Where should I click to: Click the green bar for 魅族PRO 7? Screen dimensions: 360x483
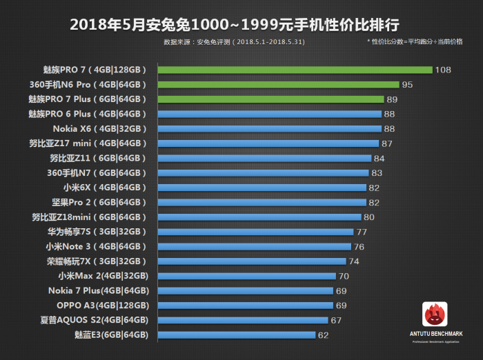click(x=295, y=70)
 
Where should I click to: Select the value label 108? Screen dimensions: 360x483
click(x=443, y=70)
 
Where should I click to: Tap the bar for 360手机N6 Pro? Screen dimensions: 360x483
click(x=279, y=84)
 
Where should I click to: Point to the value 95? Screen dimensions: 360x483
click(x=408, y=85)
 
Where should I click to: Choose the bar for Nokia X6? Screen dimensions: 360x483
click(x=270, y=128)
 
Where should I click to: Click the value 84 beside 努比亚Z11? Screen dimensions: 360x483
click(x=379, y=158)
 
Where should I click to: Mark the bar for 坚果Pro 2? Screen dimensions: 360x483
click(x=262, y=202)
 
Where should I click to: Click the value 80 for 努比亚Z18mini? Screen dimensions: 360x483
click(x=368, y=217)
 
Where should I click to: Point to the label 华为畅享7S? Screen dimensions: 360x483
click(x=97, y=232)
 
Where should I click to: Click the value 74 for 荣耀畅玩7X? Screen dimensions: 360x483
click(x=354, y=261)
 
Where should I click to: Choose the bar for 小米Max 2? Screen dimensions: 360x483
click(x=246, y=276)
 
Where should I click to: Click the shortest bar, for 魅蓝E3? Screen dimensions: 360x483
click(x=237, y=334)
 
